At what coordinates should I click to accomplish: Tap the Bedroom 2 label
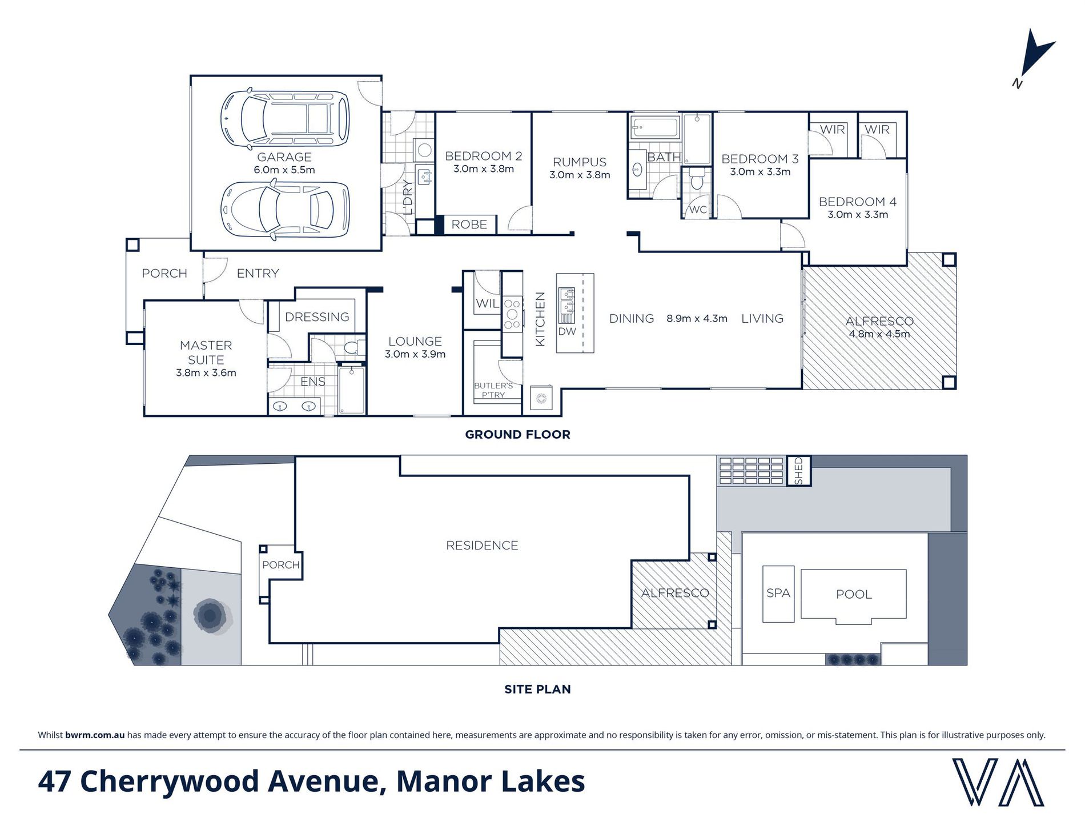(484, 156)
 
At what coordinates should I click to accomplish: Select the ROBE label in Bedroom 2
(469, 224)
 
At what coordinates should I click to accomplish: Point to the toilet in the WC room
(697, 179)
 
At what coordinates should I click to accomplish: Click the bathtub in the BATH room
(655, 127)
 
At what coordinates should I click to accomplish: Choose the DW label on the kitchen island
(567, 331)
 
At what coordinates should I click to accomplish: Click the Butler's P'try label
(493, 390)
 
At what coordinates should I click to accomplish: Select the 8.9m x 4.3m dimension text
(697, 319)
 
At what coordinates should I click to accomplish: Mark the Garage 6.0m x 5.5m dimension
(284, 170)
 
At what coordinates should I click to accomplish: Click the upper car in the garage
(285, 118)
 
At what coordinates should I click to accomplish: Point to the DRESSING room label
(317, 317)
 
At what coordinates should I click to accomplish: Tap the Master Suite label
(206, 352)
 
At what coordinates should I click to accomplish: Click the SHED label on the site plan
(799, 471)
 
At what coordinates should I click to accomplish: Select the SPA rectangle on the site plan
(778, 594)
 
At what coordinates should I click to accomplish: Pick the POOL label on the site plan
(854, 595)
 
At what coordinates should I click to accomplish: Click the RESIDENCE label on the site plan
(482, 546)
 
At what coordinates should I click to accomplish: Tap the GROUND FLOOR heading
(517, 435)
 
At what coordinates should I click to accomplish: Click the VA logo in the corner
(998, 782)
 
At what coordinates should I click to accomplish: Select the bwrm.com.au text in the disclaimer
(95, 735)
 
